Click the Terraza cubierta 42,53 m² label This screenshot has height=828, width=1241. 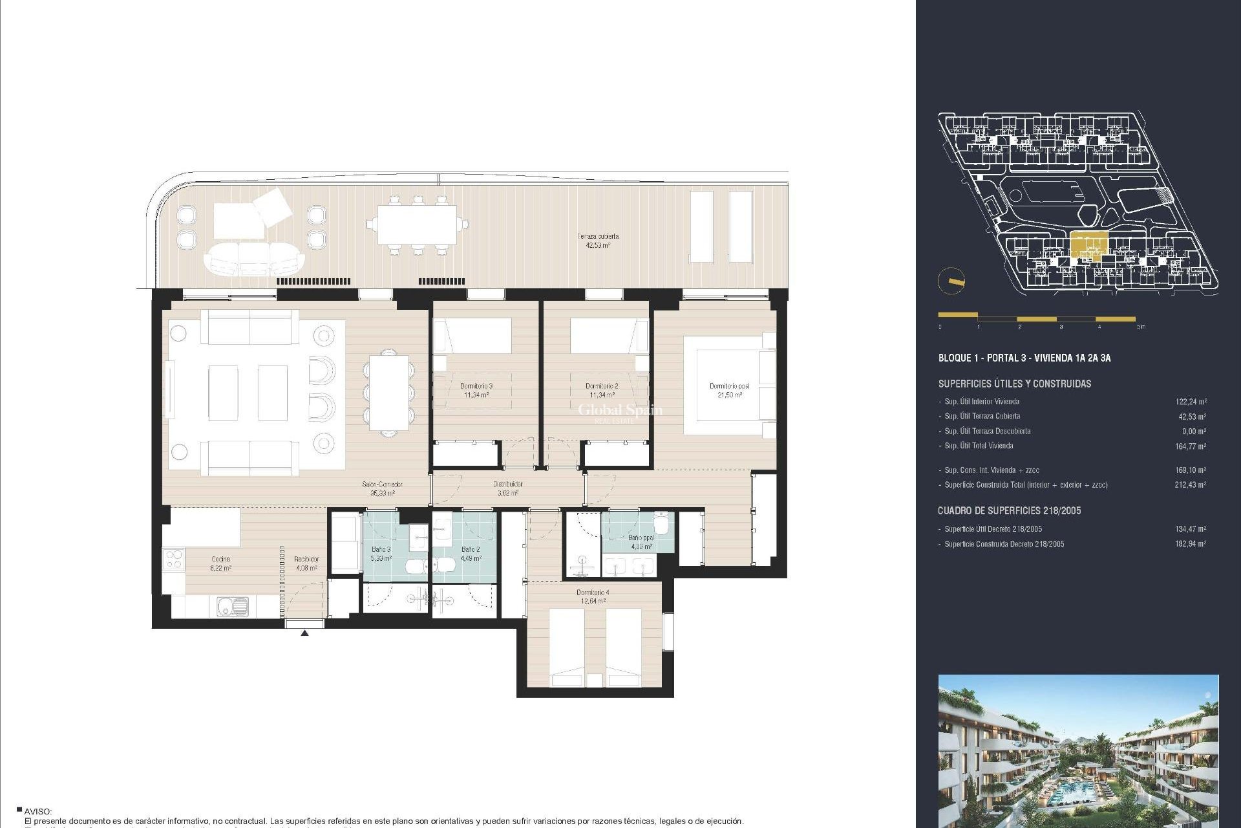coord(598,241)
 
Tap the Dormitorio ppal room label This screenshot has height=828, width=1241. coord(729,390)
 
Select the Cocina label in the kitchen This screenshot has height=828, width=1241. coord(220,563)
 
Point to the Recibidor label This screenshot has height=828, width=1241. coord(306,563)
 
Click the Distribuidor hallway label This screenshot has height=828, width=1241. coord(508,488)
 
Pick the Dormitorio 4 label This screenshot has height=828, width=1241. coord(593,596)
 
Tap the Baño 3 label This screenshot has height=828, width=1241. coord(381,553)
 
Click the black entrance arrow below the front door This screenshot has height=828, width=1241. coord(304,633)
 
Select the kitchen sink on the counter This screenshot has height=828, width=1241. coord(231,606)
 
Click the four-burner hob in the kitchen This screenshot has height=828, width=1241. coord(174,559)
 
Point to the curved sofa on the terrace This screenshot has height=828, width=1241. coord(253,258)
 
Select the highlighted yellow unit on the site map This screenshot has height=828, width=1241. coord(1088,245)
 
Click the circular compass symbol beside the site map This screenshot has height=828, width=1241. coord(951,281)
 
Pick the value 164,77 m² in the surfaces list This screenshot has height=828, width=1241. coord(1190,446)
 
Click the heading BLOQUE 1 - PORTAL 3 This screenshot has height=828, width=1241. coord(1024,358)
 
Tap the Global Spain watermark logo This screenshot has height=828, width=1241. coord(619,411)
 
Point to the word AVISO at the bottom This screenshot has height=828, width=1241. coord(37,811)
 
